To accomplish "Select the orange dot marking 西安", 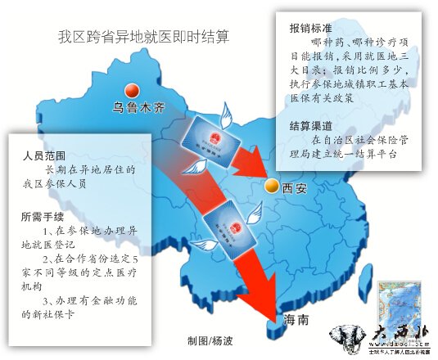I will coord(269,187).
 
